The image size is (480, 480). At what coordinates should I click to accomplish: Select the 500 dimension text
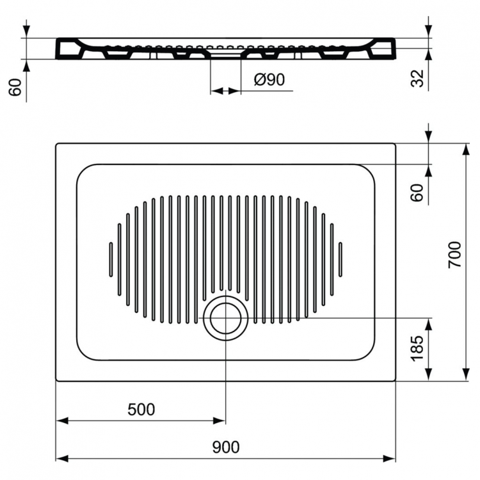click(141, 410)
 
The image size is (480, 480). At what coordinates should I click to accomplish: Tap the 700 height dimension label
click(454, 255)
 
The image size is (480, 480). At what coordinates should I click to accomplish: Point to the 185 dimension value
click(417, 349)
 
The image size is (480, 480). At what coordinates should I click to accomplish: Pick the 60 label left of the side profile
click(16, 88)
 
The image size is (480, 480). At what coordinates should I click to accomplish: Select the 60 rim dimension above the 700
click(417, 193)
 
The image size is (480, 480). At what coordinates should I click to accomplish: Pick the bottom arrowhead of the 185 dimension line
click(429, 376)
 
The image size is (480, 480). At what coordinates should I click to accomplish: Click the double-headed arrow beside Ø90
click(225, 91)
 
